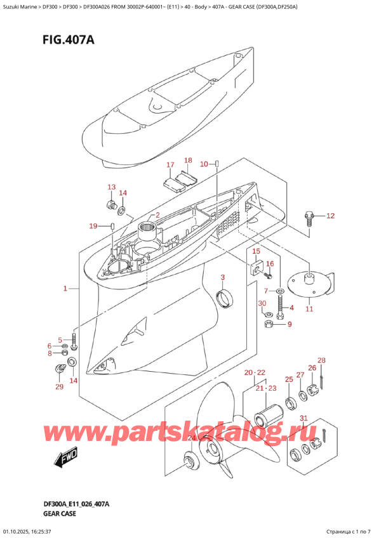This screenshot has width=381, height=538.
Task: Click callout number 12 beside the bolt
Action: pyautogui.click(x=330, y=216)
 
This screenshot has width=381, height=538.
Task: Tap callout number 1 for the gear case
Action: pyautogui.click(x=65, y=289)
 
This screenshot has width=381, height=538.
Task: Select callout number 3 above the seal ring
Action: pyautogui.click(x=223, y=277)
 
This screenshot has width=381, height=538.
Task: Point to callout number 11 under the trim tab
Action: pyautogui.click(x=309, y=309)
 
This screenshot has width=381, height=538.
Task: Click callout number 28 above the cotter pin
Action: pyautogui.click(x=321, y=361)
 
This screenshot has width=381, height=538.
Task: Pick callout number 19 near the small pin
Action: pyautogui.click(x=93, y=226)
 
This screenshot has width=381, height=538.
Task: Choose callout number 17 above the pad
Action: pyautogui.click(x=170, y=166)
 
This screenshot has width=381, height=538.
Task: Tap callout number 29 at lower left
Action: pyautogui.click(x=59, y=387)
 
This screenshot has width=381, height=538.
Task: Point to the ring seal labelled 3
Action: pyautogui.click(x=225, y=297)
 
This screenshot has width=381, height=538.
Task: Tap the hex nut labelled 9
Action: pyautogui.click(x=269, y=325)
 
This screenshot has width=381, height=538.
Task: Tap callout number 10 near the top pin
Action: pyautogui.click(x=204, y=164)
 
